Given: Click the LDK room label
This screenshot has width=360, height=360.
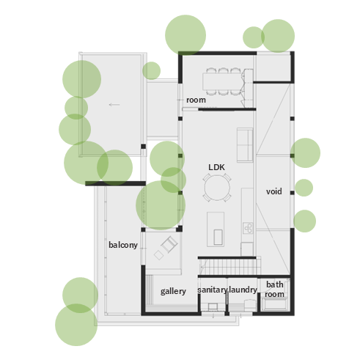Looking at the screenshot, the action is click(216, 167).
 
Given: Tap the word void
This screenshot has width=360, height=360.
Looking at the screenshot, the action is click(274, 191).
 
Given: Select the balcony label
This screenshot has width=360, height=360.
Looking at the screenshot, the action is click(123, 245).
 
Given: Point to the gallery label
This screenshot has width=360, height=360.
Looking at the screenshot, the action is click(173, 291).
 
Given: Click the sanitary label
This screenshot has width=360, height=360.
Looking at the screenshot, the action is click(213, 290).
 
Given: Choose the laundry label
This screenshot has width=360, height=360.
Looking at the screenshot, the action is click(243, 290).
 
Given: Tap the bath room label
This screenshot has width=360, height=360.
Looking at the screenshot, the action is click(275, 290).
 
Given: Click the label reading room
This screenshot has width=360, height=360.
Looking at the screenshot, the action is click(196, 100).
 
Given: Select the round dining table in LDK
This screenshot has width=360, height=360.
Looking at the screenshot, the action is click(217, 188).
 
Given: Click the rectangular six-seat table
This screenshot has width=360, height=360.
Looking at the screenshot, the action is click(223, 81).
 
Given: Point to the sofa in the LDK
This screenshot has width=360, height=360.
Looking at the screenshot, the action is click(245, 145).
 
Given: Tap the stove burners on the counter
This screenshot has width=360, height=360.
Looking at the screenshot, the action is click(248, 228).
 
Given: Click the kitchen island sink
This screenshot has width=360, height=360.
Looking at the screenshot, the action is click(218, 237).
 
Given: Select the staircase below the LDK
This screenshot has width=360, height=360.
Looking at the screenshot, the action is click(229, 267).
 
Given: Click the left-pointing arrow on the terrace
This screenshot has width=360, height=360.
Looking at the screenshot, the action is click(114, 105).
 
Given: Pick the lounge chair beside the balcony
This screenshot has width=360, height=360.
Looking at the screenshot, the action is click(169, 244).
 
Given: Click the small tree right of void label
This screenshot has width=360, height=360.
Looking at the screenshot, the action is click(304, 188).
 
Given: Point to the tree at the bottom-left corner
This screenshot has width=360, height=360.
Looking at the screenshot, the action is click(76, 325).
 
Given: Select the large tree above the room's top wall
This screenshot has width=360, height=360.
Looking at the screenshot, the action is click(185, 35).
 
